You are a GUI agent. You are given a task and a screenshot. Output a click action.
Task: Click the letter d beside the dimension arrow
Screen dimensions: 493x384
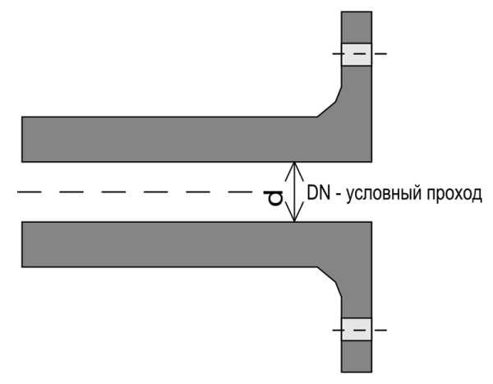click(x=276, y=198)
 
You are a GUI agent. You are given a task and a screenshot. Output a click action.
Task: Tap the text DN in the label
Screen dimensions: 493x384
click(x=319, y=192)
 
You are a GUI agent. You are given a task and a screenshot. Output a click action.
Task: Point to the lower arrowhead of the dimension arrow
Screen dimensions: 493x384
click(x=294, y=212)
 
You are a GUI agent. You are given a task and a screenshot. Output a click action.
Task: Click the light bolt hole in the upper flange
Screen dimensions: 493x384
click(x=357, y=54)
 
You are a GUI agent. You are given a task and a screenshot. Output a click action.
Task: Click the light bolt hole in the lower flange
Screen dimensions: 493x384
click(x=357, y=329)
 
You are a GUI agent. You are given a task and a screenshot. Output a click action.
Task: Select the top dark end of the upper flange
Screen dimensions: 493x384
click(x=357, y=27)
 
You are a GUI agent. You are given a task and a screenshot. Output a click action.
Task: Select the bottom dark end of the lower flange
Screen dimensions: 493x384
click(x=357, y=357)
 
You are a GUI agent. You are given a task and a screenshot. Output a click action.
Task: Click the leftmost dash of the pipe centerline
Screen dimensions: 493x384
click(x=30, y=192)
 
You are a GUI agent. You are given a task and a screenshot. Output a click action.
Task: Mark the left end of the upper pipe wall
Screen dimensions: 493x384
click(x=22, y=140)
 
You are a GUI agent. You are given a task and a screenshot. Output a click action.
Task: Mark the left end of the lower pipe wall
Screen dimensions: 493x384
click(x=22, y=244)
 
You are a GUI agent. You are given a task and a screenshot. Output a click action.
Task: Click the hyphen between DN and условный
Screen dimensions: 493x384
click(x=339, y=196)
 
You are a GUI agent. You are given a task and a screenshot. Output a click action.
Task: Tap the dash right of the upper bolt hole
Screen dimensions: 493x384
click(x=380, y=53)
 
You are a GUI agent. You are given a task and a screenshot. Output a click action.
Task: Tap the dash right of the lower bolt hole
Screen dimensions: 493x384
click(x=380, y=330)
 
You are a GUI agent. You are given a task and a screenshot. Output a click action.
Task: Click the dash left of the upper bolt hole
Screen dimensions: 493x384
click(x=337, y=53)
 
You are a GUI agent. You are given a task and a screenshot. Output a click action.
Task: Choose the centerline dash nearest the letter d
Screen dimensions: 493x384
click(x=240, y=192)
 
